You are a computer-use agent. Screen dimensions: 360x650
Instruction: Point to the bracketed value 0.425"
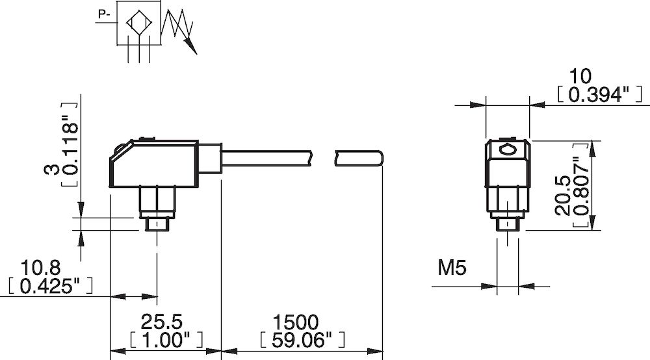pyautogui.click(x=49, y=285)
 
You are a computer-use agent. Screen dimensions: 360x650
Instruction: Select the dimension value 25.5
pyautogui.click(x=165, y=322)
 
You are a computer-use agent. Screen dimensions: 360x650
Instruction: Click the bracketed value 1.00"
pyautogui.click(x=165, y=339)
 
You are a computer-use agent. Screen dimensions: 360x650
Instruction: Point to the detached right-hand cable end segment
pyautogui.click(x=358, y=159)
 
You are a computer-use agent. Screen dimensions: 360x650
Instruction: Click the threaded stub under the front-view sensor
pyautogui.click(x=508, y=224)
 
